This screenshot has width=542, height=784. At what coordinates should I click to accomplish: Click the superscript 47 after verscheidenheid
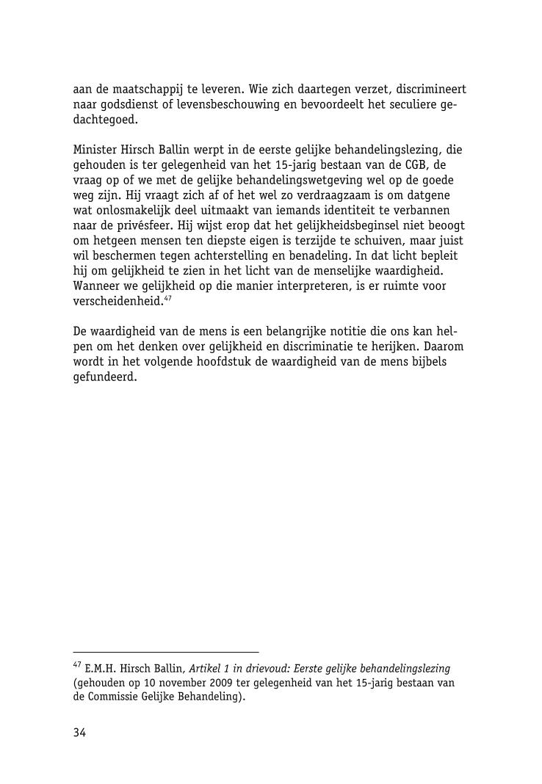pos(167,297)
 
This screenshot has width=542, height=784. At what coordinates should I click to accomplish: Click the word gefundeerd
pos(105,377)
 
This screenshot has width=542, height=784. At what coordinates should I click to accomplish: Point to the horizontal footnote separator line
pos(166,652)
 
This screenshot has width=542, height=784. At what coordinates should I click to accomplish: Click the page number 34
pos(80,733)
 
